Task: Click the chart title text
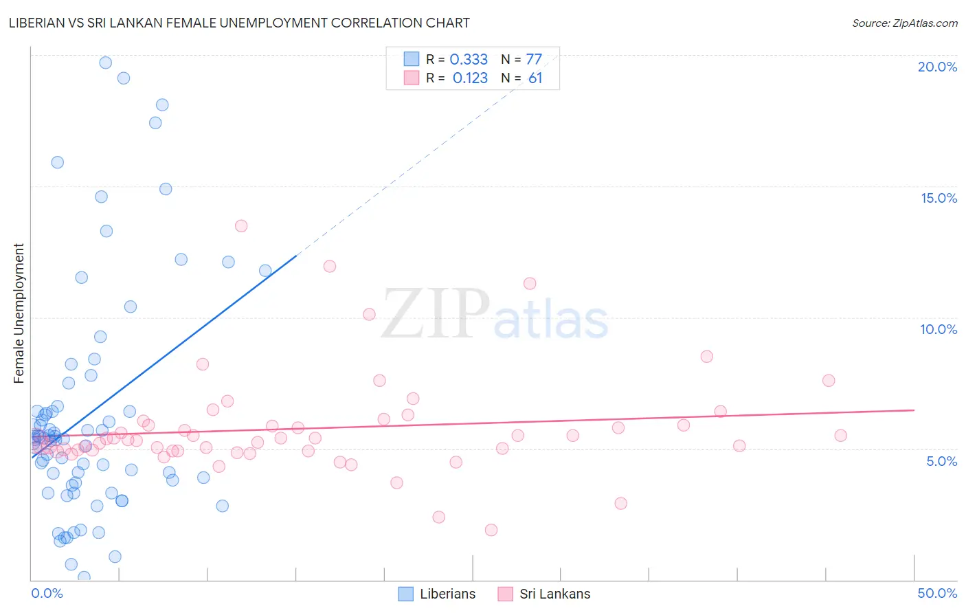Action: coord(239,23)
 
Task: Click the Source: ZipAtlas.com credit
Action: coord(904,23)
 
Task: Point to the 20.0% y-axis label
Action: coord(937,67)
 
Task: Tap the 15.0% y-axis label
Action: coord(939,198)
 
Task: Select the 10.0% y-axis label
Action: coord(939,329)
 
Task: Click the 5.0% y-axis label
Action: coord(941,461)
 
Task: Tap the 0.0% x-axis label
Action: coord(47,593)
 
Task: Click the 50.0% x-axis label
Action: coord(937,593)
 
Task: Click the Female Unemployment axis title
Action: coord(19,313)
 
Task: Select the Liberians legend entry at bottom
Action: coord(437,594)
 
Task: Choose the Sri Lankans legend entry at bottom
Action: coord(543,594)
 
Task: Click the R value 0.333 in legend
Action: coord(469,60)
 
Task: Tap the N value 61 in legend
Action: coord(535,78)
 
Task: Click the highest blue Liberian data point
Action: coord(106,63)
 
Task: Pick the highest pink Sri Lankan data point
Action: coord(241,226)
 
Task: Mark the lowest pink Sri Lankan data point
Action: coord(491,530)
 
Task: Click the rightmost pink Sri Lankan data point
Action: coord(840,435)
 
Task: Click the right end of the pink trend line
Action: coord(914,410)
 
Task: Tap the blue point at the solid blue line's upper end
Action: coord(265,271)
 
